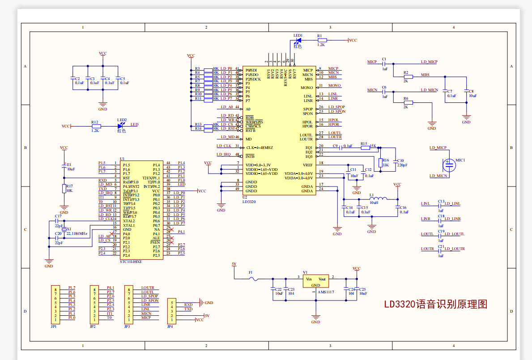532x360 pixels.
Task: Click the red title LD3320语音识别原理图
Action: [x=435, y=305]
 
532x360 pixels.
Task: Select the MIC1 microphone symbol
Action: [x=449, y=165]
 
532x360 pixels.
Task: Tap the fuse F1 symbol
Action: [x=254, y=279]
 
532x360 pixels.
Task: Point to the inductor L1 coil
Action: [x=379, y=199]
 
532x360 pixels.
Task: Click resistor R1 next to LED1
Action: [x=321, y=40]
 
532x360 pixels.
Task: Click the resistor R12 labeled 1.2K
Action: [x=95, y=126]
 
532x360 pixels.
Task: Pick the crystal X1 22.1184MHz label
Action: [x=77, y=233]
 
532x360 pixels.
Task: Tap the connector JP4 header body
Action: [x=171, y=311]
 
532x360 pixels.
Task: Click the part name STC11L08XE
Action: [x=131, y=262]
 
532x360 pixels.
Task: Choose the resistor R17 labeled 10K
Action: [x=64, y=188]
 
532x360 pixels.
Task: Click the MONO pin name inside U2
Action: [x=307, y=88]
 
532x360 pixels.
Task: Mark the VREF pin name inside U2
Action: [x=308, y=165]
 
